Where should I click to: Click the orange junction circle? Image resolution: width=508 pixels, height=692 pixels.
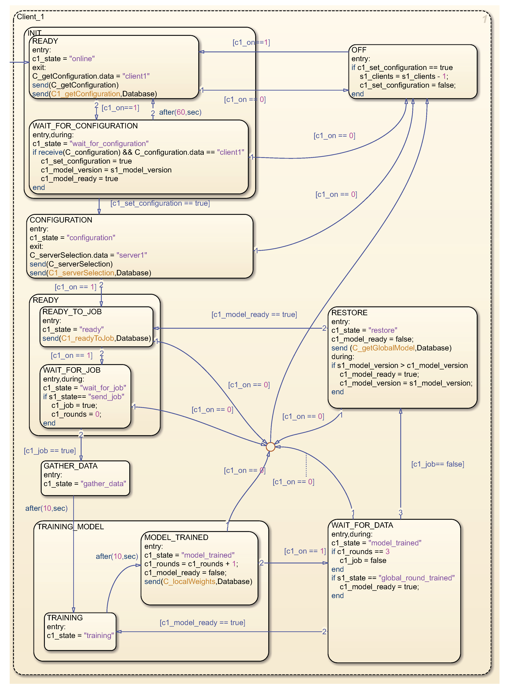point(270,447)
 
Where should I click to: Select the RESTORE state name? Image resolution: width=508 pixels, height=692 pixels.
point(349,313)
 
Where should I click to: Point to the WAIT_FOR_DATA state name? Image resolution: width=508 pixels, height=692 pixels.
point(362,525)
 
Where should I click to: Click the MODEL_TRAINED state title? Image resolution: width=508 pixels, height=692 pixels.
point(176,537)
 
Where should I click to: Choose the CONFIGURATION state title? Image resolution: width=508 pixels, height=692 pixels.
point(61,220)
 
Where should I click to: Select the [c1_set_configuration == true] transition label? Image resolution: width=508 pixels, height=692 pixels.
point(160,203)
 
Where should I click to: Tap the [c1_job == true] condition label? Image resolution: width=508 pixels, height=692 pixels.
point(50,451)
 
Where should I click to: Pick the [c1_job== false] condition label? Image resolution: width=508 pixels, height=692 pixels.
point(438,464)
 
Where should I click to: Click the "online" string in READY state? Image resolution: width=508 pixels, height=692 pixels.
point(82,59)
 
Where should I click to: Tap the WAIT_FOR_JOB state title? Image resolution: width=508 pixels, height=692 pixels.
point(72,370)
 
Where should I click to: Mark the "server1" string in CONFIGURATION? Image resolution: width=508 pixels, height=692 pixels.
point(132,255)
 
